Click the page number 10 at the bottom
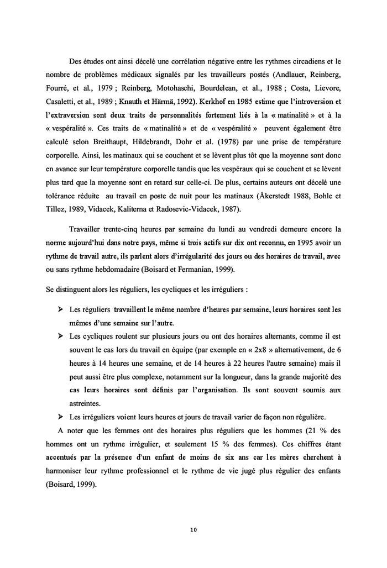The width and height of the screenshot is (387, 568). tap(193, 529)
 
